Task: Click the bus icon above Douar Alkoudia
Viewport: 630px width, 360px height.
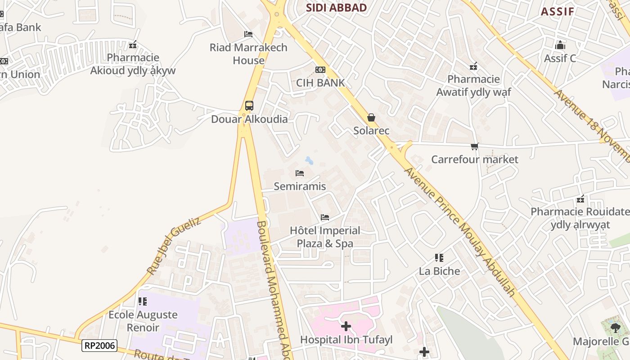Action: pos(249,106)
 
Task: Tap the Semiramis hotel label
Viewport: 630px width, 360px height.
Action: pos(300,186)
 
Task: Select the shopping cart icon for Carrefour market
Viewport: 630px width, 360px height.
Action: pos(474,146)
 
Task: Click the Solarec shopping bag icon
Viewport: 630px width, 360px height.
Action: pos(371,117)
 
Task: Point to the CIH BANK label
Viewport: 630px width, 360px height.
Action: pos(320,82)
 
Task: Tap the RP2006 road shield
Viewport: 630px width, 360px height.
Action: pos(99,346)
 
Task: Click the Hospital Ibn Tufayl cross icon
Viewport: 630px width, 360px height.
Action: pos(346,326)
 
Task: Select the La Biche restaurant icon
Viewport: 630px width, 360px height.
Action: pos(439,258)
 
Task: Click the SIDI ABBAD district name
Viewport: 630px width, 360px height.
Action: pos(336,7)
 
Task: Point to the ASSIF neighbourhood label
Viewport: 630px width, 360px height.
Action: pos(557,12)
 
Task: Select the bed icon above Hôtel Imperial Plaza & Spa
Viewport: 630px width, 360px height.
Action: pos(325,217)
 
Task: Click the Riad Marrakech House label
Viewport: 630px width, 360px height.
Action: pos(248,54)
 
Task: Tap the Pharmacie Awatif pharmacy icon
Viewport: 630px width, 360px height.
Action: pos(473,66)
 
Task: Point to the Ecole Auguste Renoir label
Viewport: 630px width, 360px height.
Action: pos(143,321)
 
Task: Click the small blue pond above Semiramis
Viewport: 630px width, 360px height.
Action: pos(309,160)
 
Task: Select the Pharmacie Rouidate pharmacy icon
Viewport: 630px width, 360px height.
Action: pos(580,199)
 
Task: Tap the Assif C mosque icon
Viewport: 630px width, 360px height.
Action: pos(560,45)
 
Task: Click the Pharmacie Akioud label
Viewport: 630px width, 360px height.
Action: pos(133,64)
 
